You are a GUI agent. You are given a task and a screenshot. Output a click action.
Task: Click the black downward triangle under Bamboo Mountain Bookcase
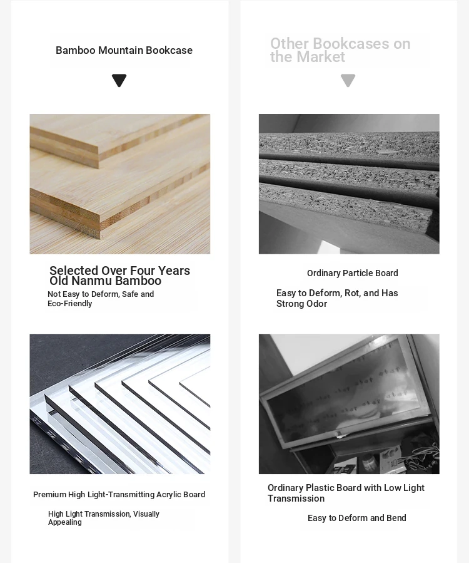pos(119,80)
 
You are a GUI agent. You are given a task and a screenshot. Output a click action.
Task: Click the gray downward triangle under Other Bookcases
pos(348,80)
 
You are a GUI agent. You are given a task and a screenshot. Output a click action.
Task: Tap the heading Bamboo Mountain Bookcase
pos(124,50)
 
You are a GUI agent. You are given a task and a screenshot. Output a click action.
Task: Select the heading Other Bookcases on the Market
pos(340,50)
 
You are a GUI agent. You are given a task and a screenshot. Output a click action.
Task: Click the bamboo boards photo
pos(120,184)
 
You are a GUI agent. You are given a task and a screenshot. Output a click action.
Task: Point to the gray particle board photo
pos(349,184)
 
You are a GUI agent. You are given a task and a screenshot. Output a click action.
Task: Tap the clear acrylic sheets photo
pos(120,404)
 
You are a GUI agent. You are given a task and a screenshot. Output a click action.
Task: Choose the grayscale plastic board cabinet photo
pos(349,404)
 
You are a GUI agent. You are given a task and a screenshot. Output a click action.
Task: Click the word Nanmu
pos(91,281)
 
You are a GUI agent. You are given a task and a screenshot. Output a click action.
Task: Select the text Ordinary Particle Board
pos(353,273)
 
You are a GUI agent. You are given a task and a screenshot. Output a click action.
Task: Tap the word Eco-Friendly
pos(70,304)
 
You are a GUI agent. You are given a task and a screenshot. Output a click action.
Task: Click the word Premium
pos(49,495)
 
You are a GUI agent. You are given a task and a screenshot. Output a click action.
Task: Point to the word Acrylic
pos(168,495)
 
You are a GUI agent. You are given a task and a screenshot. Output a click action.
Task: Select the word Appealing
pos(65,522)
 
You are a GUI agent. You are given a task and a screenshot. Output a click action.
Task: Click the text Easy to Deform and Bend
pos(357,518)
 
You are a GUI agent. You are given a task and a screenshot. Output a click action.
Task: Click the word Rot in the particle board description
pos(353,293)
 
